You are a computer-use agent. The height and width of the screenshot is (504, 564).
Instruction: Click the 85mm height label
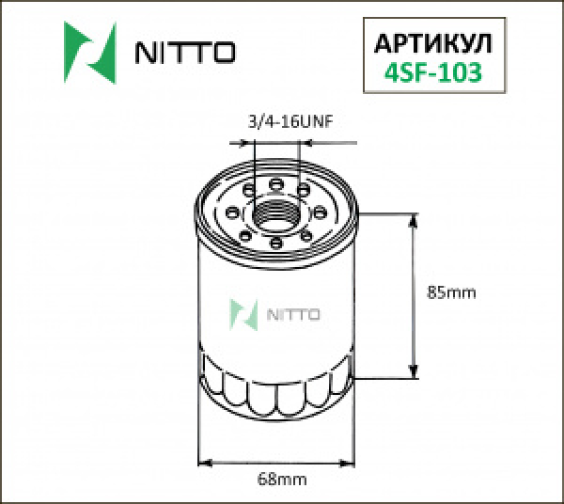pyautogui.click(x=451, y=292)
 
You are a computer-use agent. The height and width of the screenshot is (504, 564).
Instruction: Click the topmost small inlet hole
pyautogui.click(x=277, y=182)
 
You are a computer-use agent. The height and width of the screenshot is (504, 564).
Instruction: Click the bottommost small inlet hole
pyautogui.click(x=277, y=245)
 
